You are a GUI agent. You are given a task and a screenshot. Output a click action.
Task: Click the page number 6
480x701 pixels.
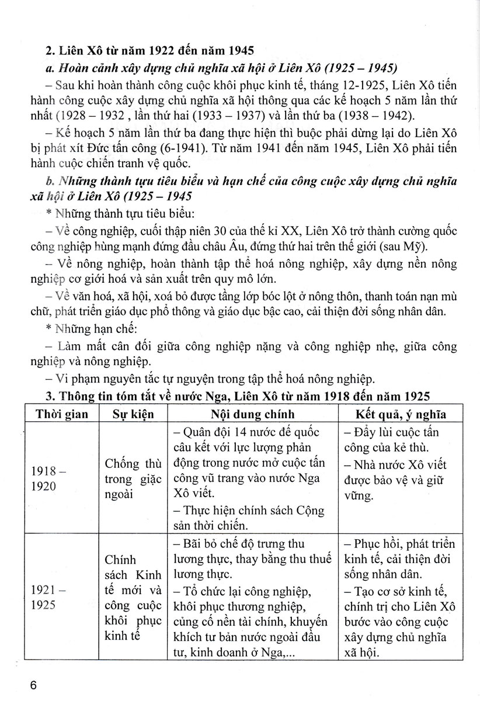pos(36,683)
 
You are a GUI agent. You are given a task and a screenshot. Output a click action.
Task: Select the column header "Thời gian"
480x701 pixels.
pos(62,415)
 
